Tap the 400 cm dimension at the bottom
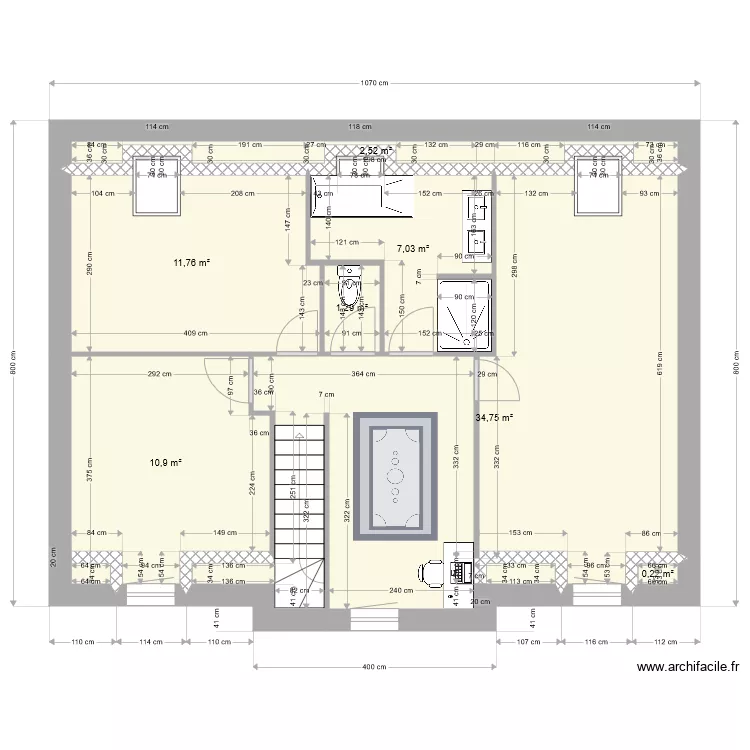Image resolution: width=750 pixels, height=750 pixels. point(374,667)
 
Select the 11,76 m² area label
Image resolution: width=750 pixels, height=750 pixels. point(191,263)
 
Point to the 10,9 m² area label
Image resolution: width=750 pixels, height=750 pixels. point(166,463)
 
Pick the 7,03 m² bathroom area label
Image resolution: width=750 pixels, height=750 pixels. point(412,249)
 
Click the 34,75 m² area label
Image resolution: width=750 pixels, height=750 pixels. point(493,418)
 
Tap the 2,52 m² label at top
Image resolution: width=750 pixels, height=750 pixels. point(376,151)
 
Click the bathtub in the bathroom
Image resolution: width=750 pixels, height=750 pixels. point(360,193)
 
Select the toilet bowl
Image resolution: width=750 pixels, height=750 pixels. point(349,285)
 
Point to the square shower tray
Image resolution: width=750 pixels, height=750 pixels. point(463,315)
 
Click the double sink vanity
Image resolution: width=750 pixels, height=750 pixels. point(476,223)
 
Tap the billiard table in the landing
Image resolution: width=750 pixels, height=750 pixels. point(395,474)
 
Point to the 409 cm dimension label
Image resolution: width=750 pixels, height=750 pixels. point(195,334)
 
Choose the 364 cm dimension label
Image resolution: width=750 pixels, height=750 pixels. point(363,374)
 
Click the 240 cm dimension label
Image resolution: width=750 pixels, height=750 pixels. point(401,591)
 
